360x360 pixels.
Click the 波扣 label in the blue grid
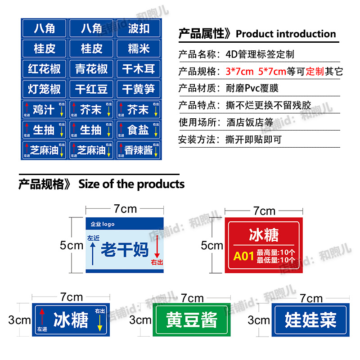[138, 28]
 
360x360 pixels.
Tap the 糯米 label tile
[138, 48]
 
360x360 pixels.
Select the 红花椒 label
[44, 69]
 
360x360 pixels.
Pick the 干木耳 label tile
[138, 69]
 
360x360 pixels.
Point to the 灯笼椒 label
[44, 89]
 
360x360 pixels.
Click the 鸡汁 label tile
[44, 109]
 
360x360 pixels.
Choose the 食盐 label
[138, 130]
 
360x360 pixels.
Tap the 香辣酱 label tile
[138, 150]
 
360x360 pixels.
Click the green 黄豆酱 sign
[192, 320]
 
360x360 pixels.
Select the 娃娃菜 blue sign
[310, 320]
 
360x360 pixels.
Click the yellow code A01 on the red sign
[243, 256]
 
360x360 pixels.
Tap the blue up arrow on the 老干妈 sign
[93, 253]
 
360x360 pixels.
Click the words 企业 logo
[103, 224]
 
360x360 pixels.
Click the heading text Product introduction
[286, 34]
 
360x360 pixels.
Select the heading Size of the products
[131, 184]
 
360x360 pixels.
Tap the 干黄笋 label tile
[138, 89]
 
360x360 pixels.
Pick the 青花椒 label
[91, 69]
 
